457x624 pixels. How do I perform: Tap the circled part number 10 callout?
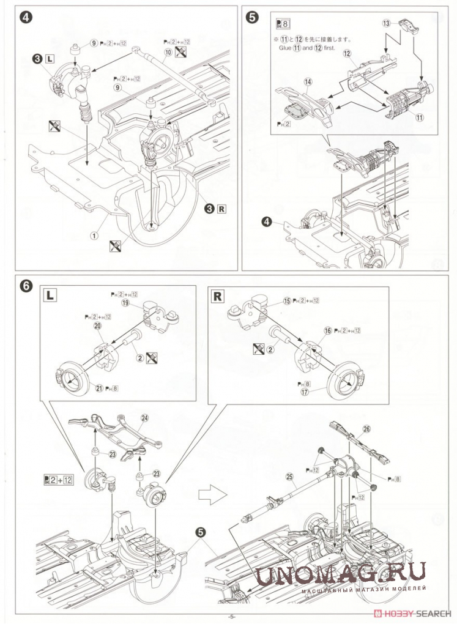click(x=168, y=53)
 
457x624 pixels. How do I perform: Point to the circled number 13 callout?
click(x=386, y=24)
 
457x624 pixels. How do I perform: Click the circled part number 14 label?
click(x=308, y=81)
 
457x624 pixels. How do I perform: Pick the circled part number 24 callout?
click(x=145, y=418)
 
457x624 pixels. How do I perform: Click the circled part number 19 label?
click(x=125, y=302)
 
